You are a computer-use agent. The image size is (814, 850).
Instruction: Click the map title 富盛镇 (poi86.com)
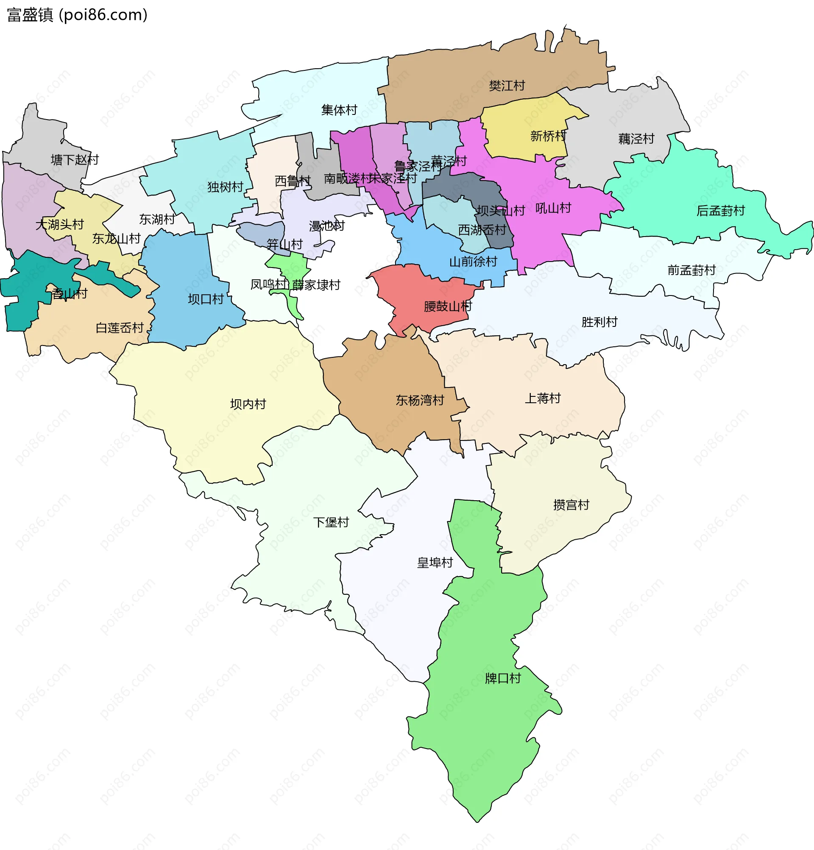[x=77, y=15]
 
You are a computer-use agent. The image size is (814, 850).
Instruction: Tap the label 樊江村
[x=507, y=86]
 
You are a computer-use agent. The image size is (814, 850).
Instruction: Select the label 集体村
[x=339, y=110]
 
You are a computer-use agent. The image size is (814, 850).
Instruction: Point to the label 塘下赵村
[x=75, y=160]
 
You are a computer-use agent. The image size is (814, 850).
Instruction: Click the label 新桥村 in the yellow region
[x=548, y=136]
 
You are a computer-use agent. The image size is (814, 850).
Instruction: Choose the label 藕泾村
[x=636, y=139]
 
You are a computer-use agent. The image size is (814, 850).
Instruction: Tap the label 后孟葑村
[x=720, y=211]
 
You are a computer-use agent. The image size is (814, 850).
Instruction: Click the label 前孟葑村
[x=691, y=270]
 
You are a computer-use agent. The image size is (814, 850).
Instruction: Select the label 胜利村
[x=599, y=322]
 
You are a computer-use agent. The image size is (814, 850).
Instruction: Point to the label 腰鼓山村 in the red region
[x=448, y=307]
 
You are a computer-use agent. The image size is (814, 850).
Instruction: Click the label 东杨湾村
[x=420, y=400]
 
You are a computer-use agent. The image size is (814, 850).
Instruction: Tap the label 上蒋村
[x=543, y=399]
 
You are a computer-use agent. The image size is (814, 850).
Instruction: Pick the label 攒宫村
[x=571, y=505]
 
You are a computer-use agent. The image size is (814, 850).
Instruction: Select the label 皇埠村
[x=435, y=563]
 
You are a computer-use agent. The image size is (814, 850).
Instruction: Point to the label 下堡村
[x=331, y=523]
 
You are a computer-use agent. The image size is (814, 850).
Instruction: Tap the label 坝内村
[x=248, y=404]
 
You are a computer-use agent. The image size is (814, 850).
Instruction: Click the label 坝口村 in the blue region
[x=206, y=300]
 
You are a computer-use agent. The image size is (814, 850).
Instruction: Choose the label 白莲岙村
[x=120, y=328]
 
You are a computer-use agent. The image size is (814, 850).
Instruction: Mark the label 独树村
[x=225, y=187]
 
